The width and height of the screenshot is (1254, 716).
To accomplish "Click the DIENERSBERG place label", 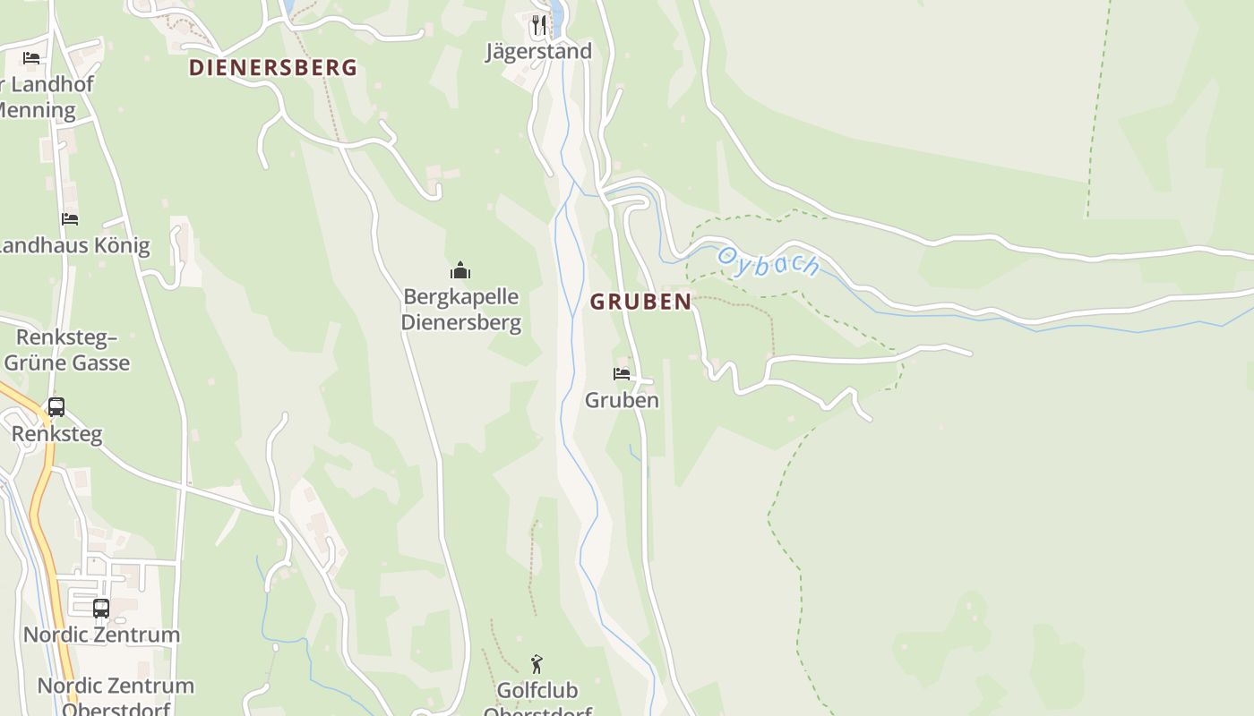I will [272, 68].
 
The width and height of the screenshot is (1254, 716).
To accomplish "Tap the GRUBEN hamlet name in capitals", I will [640, 303].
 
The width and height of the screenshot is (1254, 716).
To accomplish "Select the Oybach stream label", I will [768, 262].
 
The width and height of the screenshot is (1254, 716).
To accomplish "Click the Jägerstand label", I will [538, 51].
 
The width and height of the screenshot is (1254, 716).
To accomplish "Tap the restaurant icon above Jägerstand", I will [538, 24].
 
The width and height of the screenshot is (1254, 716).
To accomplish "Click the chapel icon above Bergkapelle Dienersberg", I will [460, 270].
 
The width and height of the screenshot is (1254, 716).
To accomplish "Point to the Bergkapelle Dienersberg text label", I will [460, 309].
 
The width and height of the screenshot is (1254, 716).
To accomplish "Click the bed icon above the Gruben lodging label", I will [622, 373].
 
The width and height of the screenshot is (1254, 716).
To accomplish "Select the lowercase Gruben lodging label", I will [622, 400].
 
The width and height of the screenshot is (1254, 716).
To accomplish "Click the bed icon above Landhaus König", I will [70, 218].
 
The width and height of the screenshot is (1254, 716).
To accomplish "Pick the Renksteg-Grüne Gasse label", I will [67, 350].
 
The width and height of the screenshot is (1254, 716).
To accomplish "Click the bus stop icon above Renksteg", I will [56, 407].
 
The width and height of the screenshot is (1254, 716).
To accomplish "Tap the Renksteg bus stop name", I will [56, 434].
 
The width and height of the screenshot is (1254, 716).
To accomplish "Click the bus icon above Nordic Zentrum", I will [101, 608].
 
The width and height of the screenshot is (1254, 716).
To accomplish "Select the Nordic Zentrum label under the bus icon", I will [101, 635].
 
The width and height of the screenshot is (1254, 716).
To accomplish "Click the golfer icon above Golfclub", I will [537, 664].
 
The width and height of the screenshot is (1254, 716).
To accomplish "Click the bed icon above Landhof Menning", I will [31, 58].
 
